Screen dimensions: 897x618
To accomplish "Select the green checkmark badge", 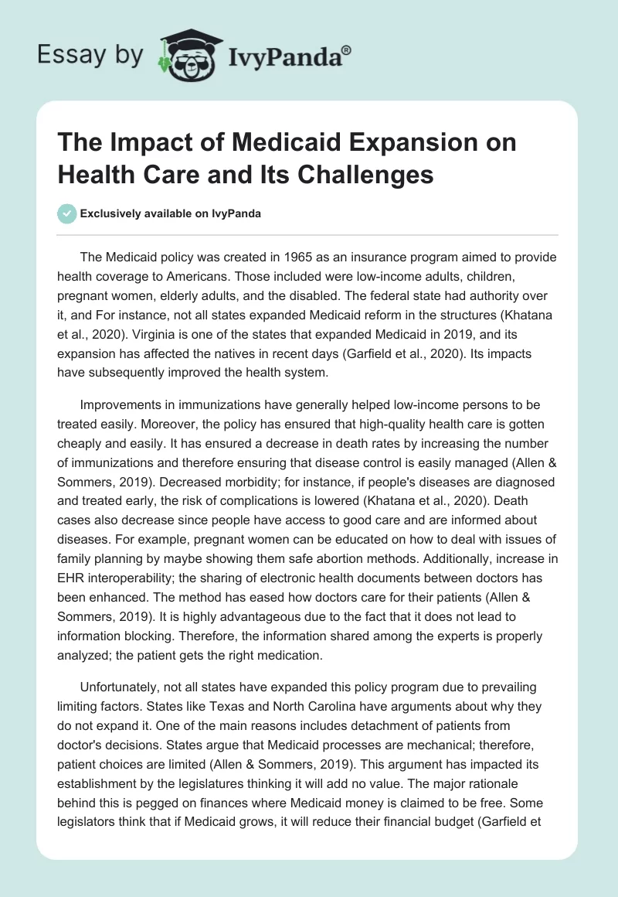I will point(67,213).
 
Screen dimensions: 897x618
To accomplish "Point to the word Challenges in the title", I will point(369,175).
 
